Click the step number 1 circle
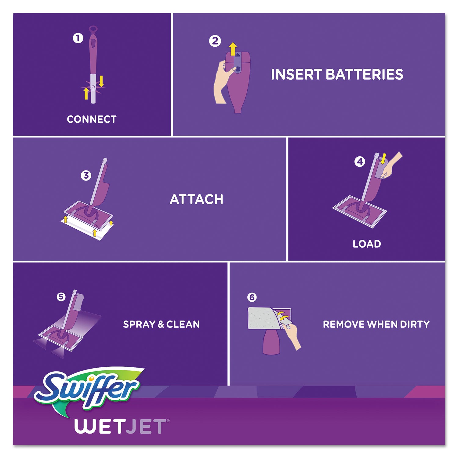click(x=78, y=38)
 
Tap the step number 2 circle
click(x=215, y=41)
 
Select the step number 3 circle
click(x=86, y=176)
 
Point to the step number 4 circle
click(x=360, y=162)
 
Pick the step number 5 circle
click(x=61, y=296)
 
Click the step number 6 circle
click(x=252, y=297)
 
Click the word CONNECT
click(x=92, y=119)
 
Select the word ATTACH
click(x=196, y=199)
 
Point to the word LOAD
click(x=367, y=244)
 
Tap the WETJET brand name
click(x=121, y=427)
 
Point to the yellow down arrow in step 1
click(x=101, y=81)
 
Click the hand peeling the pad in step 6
click(x=292, y=334)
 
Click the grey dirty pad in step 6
click(x=261, y=318)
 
